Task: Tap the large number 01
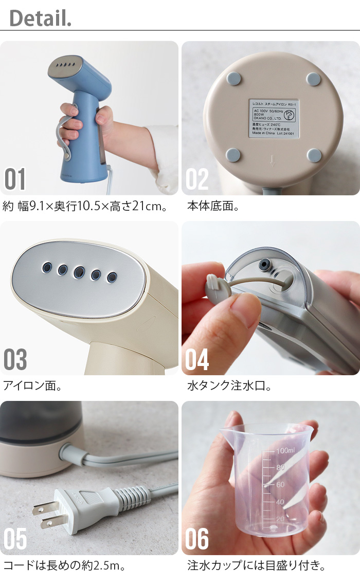click(x=15, y=178)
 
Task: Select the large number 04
click(x=197, y=359)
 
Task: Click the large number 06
click(x=197, y=539)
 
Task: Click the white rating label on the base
click(x=274, y=118)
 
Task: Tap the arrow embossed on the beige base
click(x=273, y=162)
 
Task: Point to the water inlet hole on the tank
click(x=265, y=265)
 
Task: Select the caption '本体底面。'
click(x=213, y=206)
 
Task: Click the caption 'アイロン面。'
click(x=32, y=386)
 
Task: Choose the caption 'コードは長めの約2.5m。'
click(x=64, y=566)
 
